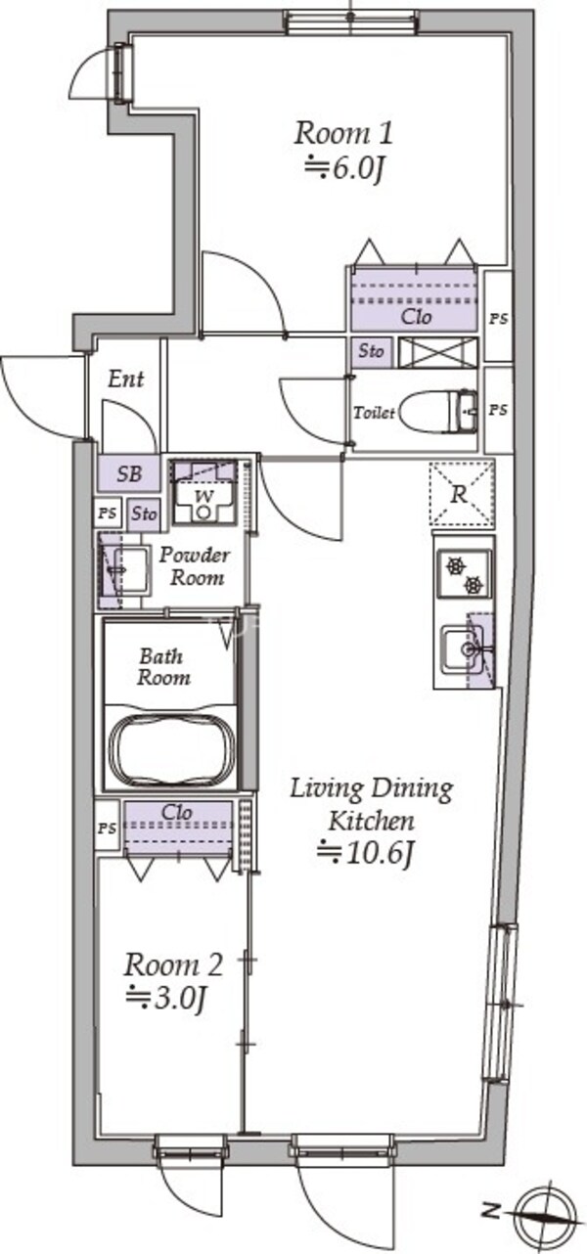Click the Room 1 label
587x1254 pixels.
coord(342,134)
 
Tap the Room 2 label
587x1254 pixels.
coord(173,964)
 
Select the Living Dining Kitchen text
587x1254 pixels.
coord(372,804)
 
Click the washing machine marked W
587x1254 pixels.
coord(203,492)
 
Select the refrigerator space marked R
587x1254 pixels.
coord(462,494)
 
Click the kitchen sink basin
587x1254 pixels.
coord(463,649)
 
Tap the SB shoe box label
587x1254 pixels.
coord(129,473)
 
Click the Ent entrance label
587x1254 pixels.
coord(126,380)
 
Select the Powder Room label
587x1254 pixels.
coord(194,566)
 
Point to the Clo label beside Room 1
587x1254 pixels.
coord(416,317)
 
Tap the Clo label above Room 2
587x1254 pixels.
coord(177,812)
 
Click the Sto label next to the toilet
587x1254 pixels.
coord(372,351)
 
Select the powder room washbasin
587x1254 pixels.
coord(129,570)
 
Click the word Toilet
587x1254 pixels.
coord(374,413)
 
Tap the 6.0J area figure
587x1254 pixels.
coord(343,168)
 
